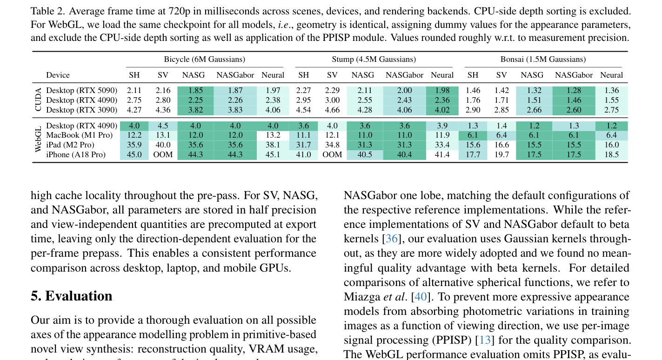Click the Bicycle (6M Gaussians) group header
pyautogui.click(x=205, y=60)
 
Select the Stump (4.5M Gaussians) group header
pyautogui.click(x=374, y=60)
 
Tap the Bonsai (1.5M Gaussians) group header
pyautogui.click(x=543, y=60)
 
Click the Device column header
pyautogui.click(x=58, y=75)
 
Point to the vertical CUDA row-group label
pyautogui.click(x=38, y=100)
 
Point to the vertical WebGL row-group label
pyautogui.click(x=38, y=140)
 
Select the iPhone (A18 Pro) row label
pyautogui.click(x=76, y=154)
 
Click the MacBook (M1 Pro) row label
pyautogui.click(x=79, y=135)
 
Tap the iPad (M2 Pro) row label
pyautogui.click(x=70, y=145)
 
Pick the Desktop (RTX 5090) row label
pyautogui.click(x=81, y=90)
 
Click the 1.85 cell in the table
pyautogui.click(x=195, y=90)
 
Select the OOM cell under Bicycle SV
pyautogui.click(x=163, y=154)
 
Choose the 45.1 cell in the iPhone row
pyautogui.click(x=273, y=154)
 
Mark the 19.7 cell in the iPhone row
pyautogui.click(x=502, y=154)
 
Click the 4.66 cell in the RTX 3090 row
pyautogui.click(x=332, y=110)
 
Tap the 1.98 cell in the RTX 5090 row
pyautogui.click(x=442, y=90)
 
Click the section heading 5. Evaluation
pyautogui.click(x=72, y=296)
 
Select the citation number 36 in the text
pyautogui.click(x=392, y=239)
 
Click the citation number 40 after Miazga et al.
pyautogui.click(x=421, y=296)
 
